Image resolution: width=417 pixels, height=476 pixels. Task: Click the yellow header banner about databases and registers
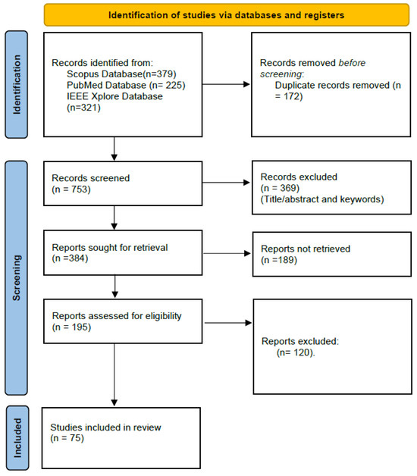pyautogui.click(x=225, y=14)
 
